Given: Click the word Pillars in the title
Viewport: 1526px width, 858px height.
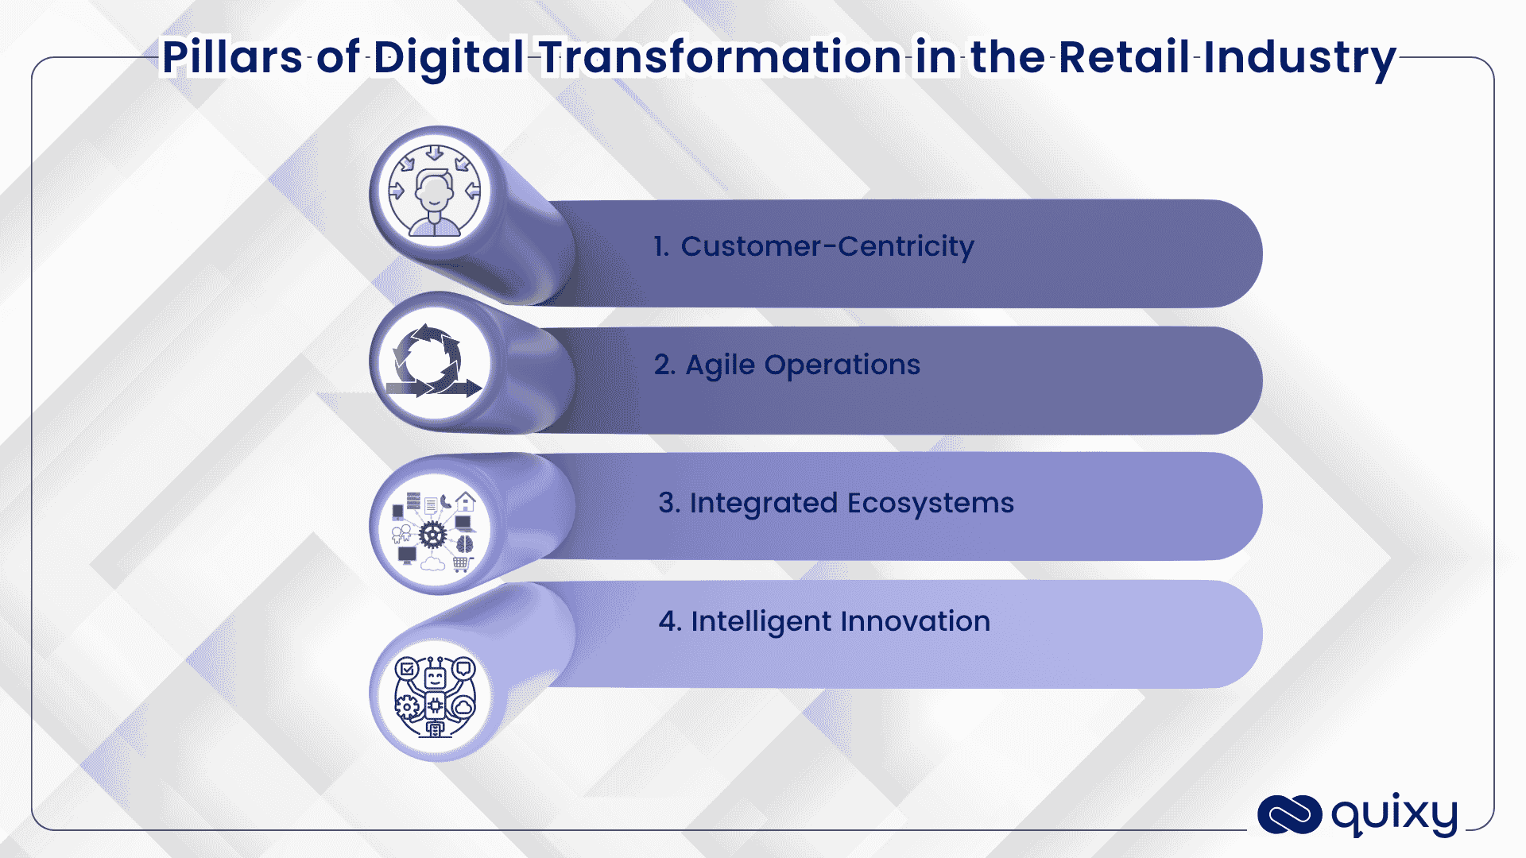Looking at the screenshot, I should [x=231, y=57].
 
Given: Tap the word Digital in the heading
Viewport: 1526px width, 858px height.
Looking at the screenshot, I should [x=448, y=57].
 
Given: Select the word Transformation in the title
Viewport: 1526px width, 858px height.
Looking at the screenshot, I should [x=720, y=57].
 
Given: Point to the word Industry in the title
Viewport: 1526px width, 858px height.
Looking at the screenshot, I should [x=1299, y=57].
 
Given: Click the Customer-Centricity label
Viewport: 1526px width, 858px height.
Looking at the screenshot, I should [x=827, y=246].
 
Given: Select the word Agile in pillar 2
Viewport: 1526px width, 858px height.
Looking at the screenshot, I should [x=720, y=365].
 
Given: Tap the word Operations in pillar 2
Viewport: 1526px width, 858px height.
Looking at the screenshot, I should [x=842, y=365].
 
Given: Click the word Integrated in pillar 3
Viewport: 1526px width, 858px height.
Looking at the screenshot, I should [x=763, y=504].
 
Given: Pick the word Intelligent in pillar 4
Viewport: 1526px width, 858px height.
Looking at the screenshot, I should [x=761, y=621].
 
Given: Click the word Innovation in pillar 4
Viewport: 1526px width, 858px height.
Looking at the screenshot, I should [x=915, y=621].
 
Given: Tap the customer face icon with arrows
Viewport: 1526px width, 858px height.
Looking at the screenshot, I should [x=434, y=192].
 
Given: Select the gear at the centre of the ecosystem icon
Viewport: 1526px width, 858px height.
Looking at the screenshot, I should [x=432, y=535].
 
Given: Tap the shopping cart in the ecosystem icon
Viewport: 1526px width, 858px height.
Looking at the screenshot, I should [x=462, y=564].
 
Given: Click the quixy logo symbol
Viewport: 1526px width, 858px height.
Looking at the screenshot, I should [x=1289, y=815].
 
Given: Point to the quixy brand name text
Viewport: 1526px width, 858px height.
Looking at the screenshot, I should [x=1394, y=815].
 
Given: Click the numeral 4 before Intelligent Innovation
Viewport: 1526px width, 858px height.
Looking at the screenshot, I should [x=668, y=621].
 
